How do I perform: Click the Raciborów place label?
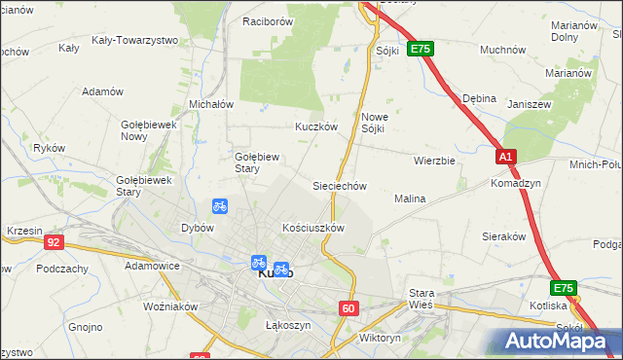tap(268, 19)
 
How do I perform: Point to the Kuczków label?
tap(316, 126)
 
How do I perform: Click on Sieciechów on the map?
tap(339, 185)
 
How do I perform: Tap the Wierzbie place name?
tap(434, 161)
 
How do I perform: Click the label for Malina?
tap(410, 198)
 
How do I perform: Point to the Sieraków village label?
tap(504, 235)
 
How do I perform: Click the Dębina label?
tap(480, 98)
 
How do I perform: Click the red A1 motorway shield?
tap(505, 157)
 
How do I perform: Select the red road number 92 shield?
tap(54, 242)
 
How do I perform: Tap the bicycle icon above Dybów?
tap(220, 206)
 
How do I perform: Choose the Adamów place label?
tap(103, 91)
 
